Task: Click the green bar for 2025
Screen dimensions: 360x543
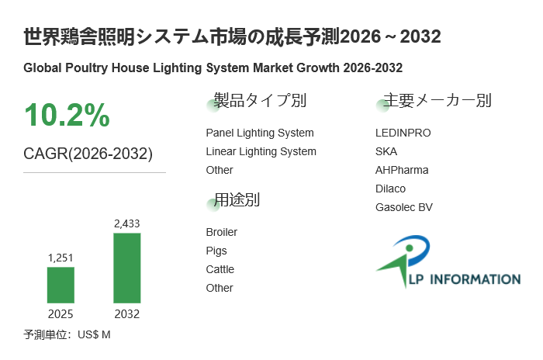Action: [x=61, y=285]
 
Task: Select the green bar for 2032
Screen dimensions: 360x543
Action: [x=127, y=268]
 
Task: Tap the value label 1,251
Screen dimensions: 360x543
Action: [x=61, y=258]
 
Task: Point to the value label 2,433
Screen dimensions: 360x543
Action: [x=127, y=223]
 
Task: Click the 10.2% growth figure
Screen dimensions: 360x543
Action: [x=67, y=116]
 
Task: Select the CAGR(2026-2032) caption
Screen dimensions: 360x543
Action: [x=88, y=154]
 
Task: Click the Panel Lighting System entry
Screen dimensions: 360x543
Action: [x=260, y=133]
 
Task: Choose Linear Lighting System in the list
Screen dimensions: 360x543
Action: [x=261, y=151]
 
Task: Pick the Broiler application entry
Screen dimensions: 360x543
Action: [x=222, y=232]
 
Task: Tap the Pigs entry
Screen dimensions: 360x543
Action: [x=216, y=251]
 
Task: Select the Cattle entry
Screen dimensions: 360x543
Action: [x=220, y=269]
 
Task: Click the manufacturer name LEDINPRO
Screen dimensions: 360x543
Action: [x=403, y=133]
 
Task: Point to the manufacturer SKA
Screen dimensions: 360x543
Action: [x=386, y=151]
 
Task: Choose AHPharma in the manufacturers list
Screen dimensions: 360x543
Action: [x=402, y=170]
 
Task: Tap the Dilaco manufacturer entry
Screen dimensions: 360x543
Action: [x=390, y=189]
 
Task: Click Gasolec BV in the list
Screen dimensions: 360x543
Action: [x=403, y=207]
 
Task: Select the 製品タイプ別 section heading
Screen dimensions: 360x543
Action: [x=260, y=101]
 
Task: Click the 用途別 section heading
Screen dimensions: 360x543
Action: [x=237, y=200]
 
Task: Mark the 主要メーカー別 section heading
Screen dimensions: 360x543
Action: [x=438, y=101]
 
